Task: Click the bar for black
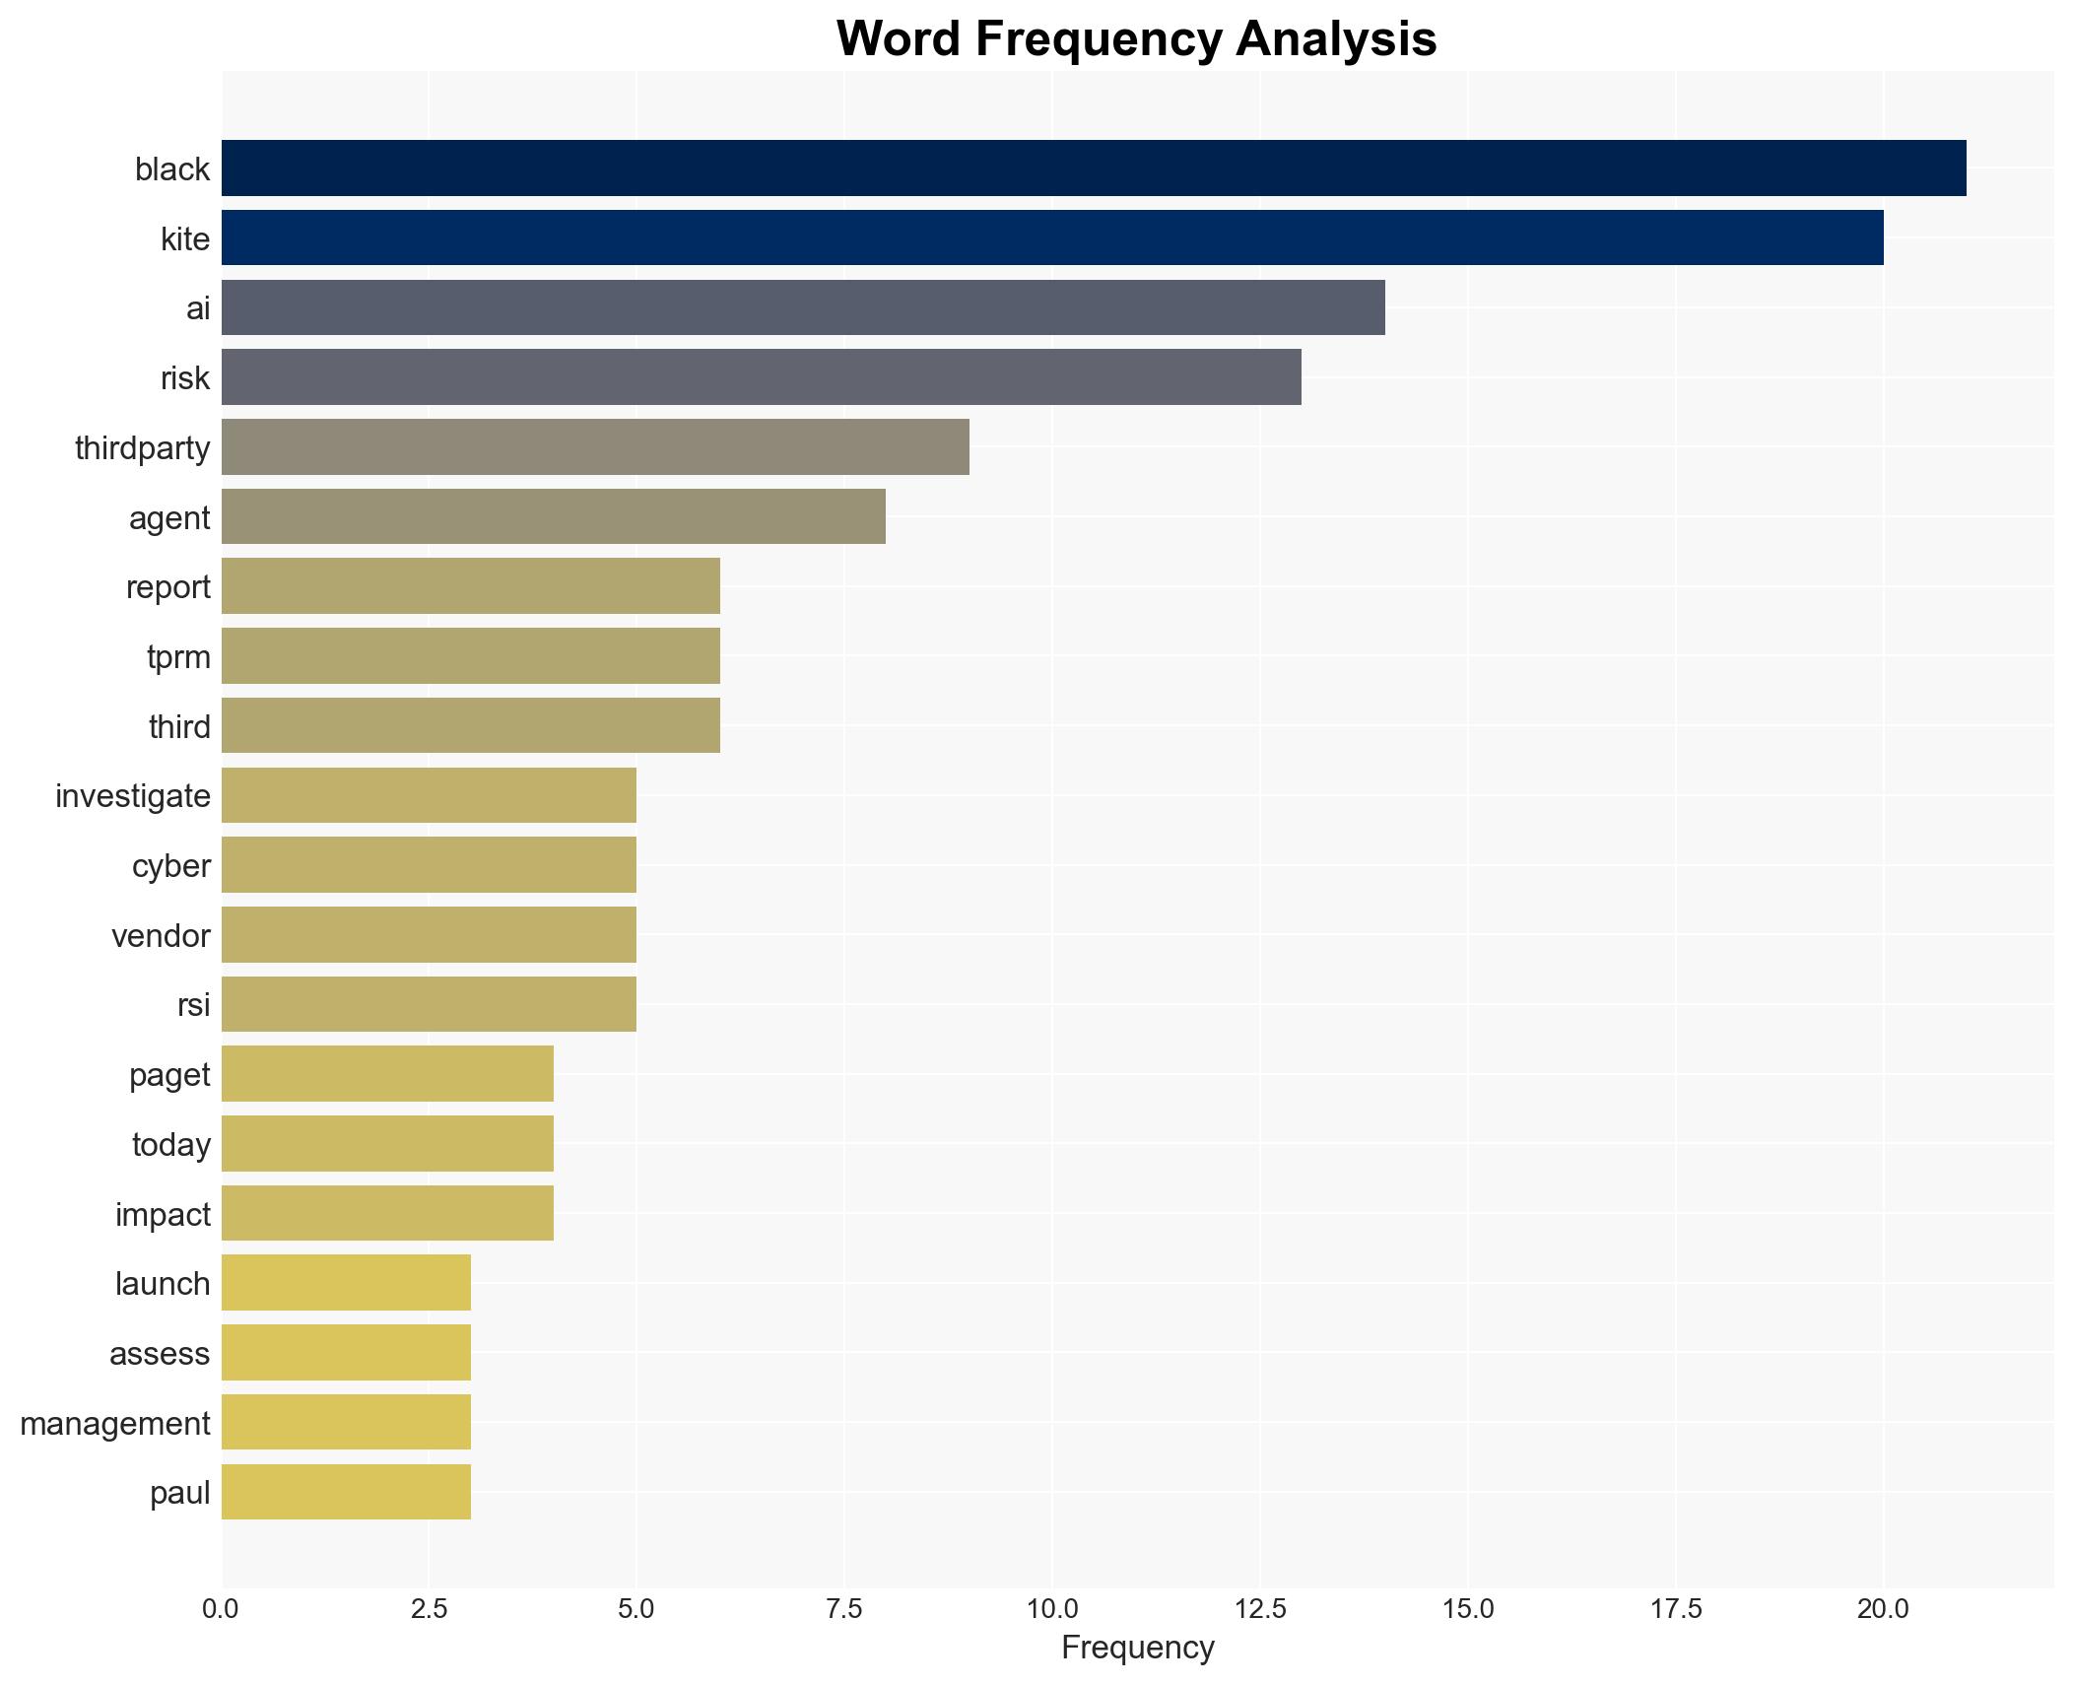click(1093, 168)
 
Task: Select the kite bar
click(1051, 238)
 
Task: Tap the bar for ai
click(802, 307)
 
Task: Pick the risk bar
click(761, 377)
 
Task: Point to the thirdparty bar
click(594, 447)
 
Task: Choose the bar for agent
click(553, 517)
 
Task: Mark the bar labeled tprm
click(470, 656)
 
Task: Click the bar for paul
click(346, 1493)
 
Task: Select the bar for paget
click(387, 1074)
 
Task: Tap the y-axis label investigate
click(133, 796)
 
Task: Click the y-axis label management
click(115, 1424)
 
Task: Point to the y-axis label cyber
click(171, 866)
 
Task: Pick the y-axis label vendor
click(161, 936)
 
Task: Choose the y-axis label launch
click(163, 1284)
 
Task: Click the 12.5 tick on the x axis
click(1260, 1609)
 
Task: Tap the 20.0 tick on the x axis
click(1883, 1609)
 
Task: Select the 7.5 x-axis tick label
click(844, 1609)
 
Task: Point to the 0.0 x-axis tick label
click(221, 1609)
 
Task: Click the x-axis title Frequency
click(1137, 1648)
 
